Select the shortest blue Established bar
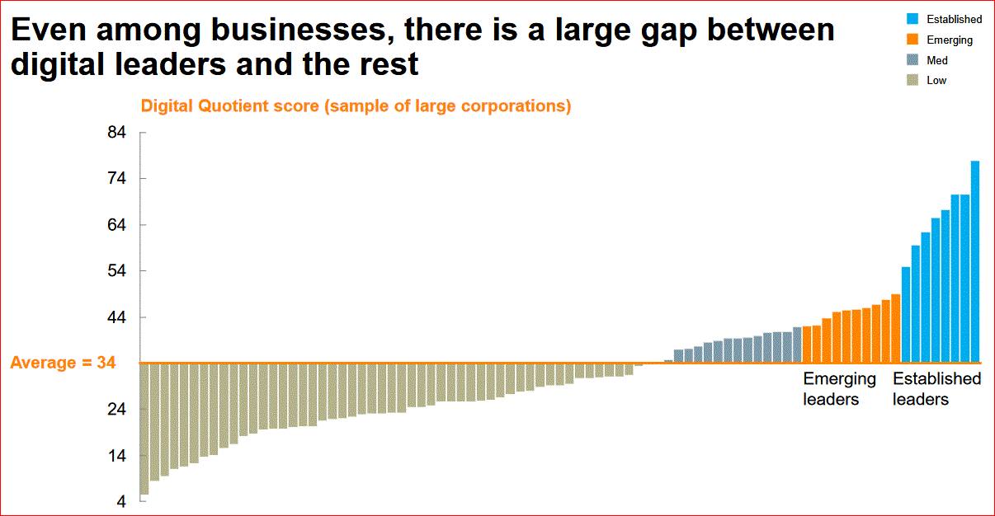tap(905, 314)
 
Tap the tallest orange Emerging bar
tap(895, 328)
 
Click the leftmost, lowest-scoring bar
tap(144, 428)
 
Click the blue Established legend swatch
tap(913, 19)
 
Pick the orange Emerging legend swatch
tap(913, 40)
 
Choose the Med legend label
tap(937, 60)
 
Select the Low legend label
tap(936, 81)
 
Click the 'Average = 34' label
tap(63, 363)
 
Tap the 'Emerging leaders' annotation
tap(839, 389)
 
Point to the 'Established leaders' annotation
tap(936, 389)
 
